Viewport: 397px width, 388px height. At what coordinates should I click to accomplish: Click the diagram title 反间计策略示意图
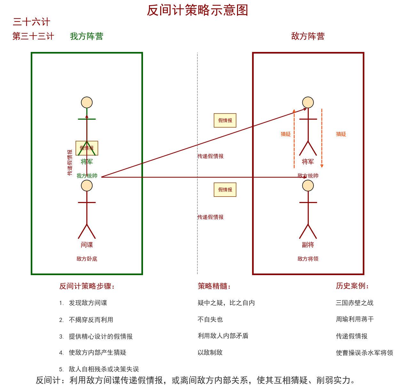[197, 10]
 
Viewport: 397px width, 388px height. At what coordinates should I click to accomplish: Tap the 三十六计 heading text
[31, 22]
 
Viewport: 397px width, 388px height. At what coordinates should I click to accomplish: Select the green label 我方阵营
[86, 36]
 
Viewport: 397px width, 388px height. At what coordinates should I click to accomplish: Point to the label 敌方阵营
[308, 36]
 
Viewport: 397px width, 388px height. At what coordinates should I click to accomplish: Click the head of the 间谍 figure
[87, 186]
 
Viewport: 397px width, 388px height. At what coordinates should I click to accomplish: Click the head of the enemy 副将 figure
[308, 186]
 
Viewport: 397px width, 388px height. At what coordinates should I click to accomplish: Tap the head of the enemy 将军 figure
[308, 103]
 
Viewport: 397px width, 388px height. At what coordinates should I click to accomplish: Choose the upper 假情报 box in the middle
[225, 121]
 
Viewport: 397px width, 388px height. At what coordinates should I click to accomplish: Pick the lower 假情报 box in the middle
[225, 190]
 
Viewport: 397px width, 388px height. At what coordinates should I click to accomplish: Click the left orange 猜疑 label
[286, 134]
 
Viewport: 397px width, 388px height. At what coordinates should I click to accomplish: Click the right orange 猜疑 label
[341, 134]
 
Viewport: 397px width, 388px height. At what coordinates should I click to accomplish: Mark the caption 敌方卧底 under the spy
[87, 259]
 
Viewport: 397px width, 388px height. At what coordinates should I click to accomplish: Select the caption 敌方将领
[308, 259]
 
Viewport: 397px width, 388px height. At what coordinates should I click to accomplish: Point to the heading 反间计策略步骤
[87, 286]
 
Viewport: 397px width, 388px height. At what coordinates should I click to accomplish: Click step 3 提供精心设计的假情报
[100, 336]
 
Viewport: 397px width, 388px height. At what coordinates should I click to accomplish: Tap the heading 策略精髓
[214, 286]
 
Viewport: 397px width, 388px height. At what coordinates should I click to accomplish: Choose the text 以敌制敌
[210, 352]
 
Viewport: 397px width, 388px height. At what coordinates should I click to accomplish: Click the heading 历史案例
[352, 286]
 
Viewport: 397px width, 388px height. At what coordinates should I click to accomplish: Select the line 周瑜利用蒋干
[355, 319]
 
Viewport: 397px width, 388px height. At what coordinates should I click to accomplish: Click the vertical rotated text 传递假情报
[70, 163]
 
